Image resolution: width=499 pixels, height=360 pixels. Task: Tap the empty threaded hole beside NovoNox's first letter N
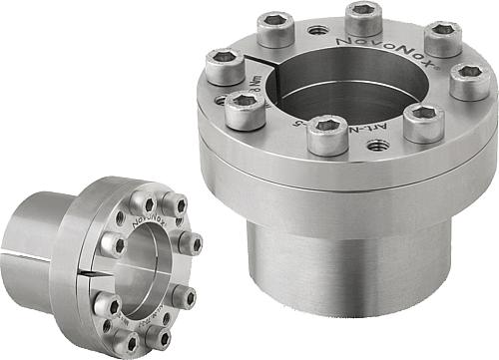(x=318, y=30)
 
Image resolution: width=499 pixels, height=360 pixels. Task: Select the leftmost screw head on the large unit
(x=226, y=67)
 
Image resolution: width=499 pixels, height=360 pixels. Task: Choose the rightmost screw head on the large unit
(x=469, y=80)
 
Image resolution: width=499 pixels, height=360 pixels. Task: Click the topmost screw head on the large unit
(x=364, y=18)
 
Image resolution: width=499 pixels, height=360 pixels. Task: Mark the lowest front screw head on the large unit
(x=327, y=133)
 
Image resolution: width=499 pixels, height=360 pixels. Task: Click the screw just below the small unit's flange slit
(x=105, y=303)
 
